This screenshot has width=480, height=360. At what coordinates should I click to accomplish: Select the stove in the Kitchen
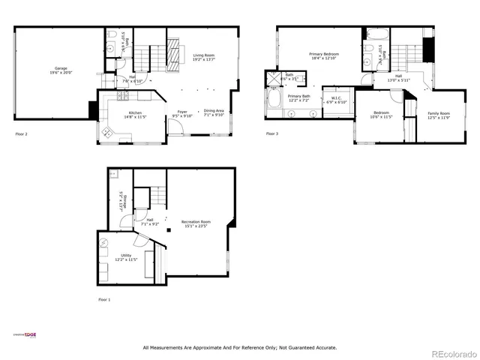pyautogui.click(x=122, y=95)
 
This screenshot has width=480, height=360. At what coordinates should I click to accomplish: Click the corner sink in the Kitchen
pyautogui.click(x=106, y=132)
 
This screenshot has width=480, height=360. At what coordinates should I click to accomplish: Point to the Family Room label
pyautogui.click(x=439, y=115)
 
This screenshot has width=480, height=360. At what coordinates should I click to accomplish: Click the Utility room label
pyautogui.click(x=115, y=257)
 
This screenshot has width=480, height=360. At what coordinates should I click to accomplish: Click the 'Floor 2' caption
pyautogui.click(x=21, y=134)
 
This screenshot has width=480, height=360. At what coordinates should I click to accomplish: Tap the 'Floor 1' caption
pyautogui.click(x=104, y=299)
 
